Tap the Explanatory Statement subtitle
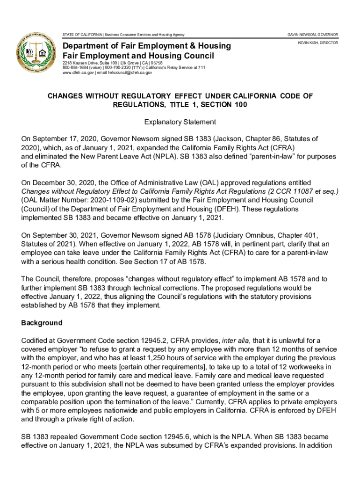180,122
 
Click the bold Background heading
42,323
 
